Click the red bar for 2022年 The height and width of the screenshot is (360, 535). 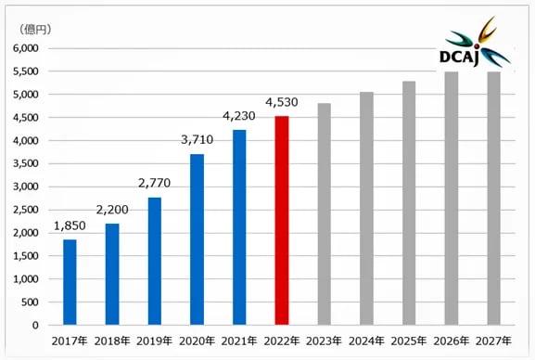point(282,221)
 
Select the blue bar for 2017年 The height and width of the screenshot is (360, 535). point(70,282)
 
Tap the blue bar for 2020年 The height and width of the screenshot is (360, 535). point(197,239)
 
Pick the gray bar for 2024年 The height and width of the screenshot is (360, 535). point(366,209)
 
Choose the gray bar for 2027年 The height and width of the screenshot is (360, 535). point(494,199)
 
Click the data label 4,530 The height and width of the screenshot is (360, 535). point(282,103)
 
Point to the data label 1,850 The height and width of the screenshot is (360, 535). point(70,226)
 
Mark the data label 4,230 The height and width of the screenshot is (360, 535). point(239,117)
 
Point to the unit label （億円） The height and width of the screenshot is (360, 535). point(33,29)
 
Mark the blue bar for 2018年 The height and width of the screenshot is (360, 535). point(112,274)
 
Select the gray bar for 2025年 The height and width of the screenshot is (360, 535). point(409,203)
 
